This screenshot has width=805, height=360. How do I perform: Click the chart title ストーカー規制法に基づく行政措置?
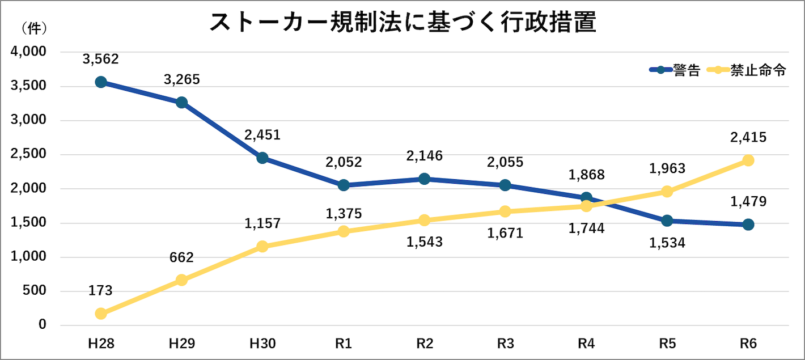coord(402,24)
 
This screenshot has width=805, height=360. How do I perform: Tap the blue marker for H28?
coord(101,82)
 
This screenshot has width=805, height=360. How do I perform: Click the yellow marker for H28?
coord(101,314)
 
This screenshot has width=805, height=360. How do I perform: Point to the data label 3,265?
coord(181,79)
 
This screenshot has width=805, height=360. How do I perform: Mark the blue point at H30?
coord(262,158)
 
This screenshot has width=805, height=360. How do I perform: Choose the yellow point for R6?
coord(748,160)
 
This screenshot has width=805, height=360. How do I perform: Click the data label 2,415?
coord(748,137)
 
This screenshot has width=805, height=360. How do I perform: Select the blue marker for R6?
coord(748,225)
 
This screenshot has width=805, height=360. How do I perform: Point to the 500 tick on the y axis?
coord(35,291)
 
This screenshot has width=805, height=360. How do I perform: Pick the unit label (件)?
coord(34,27)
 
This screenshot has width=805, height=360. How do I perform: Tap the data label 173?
coord(101,291)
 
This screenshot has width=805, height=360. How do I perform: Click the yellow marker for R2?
coord(425,220)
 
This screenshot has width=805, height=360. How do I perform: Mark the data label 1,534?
coord(667,243)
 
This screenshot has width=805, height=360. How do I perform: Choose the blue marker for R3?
coord(505,185)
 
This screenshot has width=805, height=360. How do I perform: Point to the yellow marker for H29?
coord(181,280)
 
